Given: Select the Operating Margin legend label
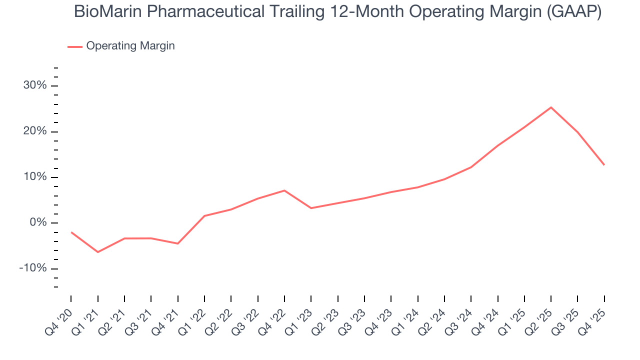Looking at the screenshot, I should click(130, 46).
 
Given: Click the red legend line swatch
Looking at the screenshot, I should click(75, 46).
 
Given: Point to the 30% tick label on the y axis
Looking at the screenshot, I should click(35, 85).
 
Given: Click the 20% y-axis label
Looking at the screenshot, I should click(35, 131).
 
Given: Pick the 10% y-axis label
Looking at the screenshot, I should click(35, 177).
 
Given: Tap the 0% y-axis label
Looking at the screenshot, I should click(38, 223).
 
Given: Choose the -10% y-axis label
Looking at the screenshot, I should click(32, 268).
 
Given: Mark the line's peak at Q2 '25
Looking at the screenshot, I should click(551, 107).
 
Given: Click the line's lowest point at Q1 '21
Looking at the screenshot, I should click(97, 252).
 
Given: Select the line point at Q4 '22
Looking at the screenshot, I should click(284, 190).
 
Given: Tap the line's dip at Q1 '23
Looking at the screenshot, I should click(311, 208).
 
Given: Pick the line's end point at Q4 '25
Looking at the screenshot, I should click(604, 165).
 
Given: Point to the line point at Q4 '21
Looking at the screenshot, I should click(177, 243).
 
